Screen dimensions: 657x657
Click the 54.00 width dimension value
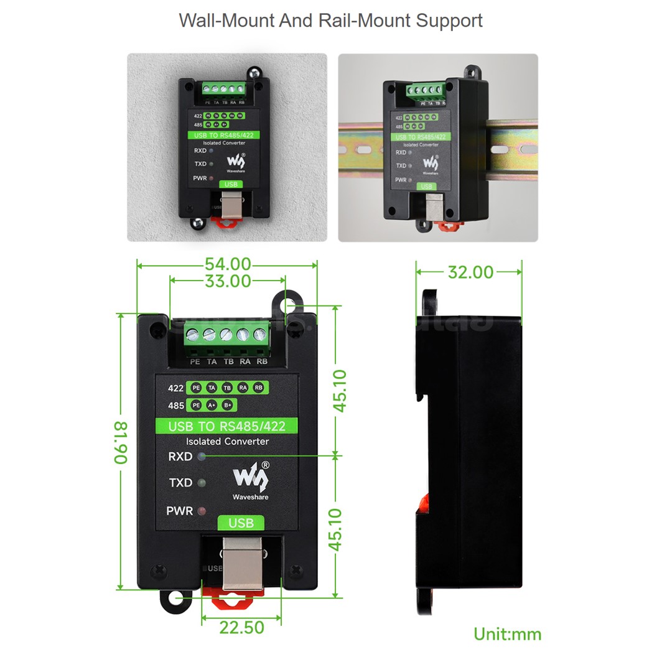coord(228,264)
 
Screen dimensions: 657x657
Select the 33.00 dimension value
coord(228,281)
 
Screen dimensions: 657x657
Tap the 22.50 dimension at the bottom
coord(241,628)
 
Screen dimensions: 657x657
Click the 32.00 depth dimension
coord(470,272)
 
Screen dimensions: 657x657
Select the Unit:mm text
coord(507,634)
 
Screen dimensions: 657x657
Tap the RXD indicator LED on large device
coord(201,456)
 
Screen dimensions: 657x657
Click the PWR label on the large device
coord(180,511)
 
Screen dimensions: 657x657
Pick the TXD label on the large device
coord(180,483)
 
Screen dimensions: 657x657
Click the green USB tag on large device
coord(241,523)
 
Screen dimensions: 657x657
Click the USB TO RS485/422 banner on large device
coord(226,427)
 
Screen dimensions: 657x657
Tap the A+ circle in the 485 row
coord(212,406)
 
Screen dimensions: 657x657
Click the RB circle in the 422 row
coord(258,388)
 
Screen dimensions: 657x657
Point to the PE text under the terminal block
coord(195,361)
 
